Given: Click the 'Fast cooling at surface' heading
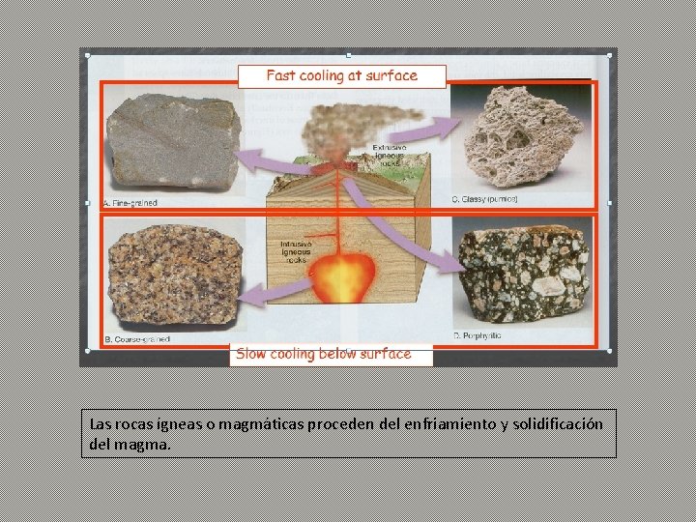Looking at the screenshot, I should coord(341,75).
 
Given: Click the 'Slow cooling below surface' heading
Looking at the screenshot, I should coord(324,354).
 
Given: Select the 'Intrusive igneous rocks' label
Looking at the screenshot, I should coord(296,251).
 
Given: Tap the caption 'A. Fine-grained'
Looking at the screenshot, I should coord(131,203).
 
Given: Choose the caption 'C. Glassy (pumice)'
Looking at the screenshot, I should coord(485,199).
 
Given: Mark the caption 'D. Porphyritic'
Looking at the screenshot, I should coord(478,335).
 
